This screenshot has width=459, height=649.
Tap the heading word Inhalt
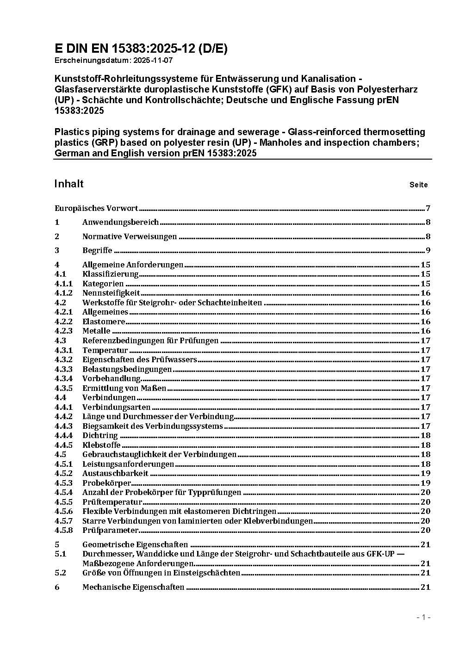(x=69, y=184)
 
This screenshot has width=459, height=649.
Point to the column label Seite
(x=418, y=185)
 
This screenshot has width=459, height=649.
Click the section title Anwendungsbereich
(x=120, y=222)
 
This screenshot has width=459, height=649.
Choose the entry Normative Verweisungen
(x=130, y=236)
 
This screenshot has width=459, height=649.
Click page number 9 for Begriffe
(x=428, y=251)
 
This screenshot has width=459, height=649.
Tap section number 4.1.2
(x=63, y=293)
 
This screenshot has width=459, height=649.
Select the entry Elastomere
(x=104, y=321)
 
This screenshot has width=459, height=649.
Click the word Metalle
(x=96, y=331)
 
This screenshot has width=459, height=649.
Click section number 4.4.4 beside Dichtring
(x=63, y=435)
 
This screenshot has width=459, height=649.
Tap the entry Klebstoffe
(x=101, y=445)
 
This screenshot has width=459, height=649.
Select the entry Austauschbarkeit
(x=115, y=473)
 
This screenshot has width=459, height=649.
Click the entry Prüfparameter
(x=110, y=530)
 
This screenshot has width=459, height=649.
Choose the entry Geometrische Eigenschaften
(x=135, y=544)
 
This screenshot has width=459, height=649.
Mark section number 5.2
(x=60, y=573)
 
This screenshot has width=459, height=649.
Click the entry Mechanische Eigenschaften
(x=133, y=587)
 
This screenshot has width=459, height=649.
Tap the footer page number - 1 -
(x=423, y=617)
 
